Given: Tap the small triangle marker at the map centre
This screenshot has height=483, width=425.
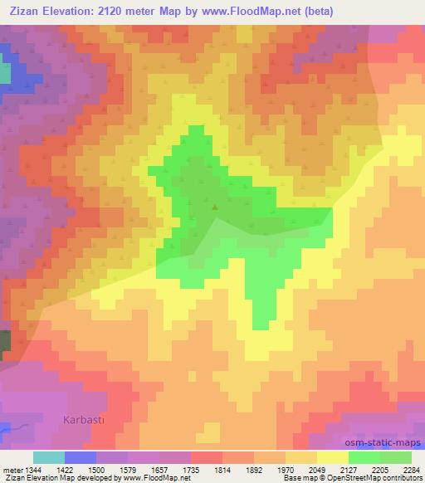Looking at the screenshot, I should (216, 207).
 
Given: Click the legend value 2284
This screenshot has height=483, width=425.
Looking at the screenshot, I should (412, 469).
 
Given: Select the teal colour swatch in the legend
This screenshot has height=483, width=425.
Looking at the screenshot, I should (49, 457).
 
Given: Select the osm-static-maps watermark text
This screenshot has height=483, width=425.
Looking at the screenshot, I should (387, 442).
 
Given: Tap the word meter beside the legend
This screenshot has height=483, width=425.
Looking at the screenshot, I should (11, 469).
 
